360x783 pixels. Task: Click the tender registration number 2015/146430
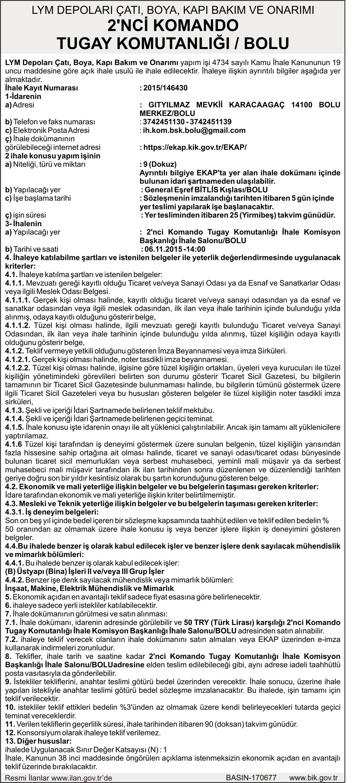click(165, 88)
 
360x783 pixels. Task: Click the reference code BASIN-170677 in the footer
click(251, 778)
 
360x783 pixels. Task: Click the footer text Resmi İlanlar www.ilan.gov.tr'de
click(59, 778)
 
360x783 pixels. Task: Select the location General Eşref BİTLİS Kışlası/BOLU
click(206, 190)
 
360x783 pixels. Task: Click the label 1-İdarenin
click(23, 96)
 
